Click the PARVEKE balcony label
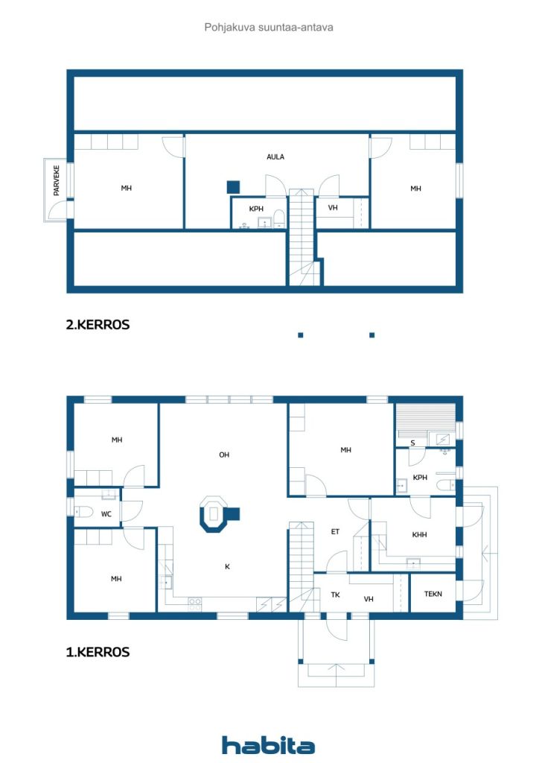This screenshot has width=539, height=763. click(57, 180)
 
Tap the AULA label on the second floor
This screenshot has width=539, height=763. click(275, 156)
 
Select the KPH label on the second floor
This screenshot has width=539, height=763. click(256, 209)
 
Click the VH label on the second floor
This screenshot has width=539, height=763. click(333, 207)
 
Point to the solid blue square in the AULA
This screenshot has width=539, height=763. click(233, 187)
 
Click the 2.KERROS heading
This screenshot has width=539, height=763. click(98, 325)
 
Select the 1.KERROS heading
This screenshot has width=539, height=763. click(98, 652)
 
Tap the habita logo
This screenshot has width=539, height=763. click(268, 745)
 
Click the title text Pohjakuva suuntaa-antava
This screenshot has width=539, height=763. click(269, 28)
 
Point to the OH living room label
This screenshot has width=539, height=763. click(224, 455)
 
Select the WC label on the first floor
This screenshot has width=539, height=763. click(106, 514)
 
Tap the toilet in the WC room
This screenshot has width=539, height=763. click(83, 511)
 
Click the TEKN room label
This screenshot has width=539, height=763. click(433, 594)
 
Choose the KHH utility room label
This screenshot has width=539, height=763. click(419, 534)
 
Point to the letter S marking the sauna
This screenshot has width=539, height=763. click(412, 443)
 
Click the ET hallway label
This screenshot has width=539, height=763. click(335, 531)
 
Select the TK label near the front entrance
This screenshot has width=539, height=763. click(335, 595)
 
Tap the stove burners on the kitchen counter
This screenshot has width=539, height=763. click(195, 605)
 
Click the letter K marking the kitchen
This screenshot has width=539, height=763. click(227, 566)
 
